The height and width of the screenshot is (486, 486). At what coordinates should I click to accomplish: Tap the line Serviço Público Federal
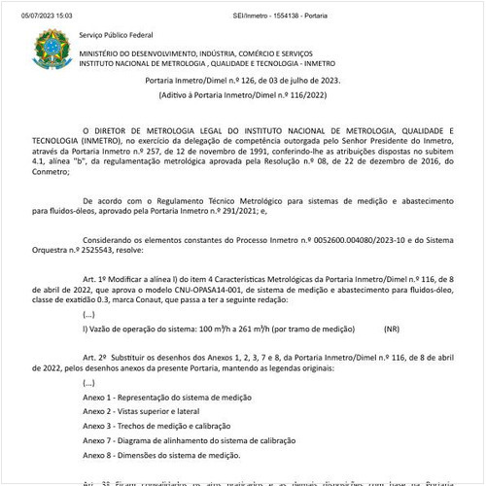click(x=115, y=35)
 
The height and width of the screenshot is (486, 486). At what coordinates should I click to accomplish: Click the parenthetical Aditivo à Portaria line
click(x=244, y=96)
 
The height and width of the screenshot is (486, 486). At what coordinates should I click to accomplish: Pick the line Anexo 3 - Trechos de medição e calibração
click(x=166, y=426)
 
